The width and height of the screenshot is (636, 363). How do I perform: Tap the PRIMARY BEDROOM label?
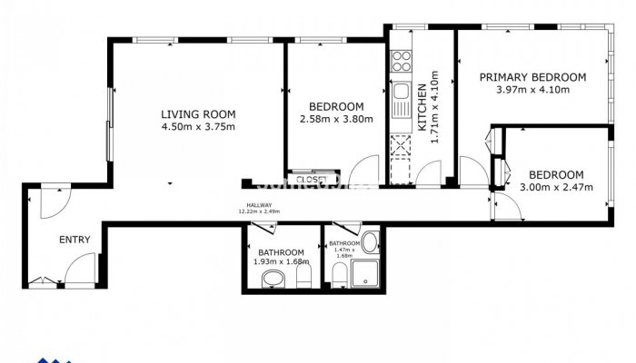coord(532,77)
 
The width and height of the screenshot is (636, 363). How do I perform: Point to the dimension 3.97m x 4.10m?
coord(532,90)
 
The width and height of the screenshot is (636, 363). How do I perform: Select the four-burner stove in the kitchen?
coord(401,62)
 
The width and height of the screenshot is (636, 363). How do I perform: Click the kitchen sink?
coord(401,93)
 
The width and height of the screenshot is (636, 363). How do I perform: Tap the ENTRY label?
coord(74,240)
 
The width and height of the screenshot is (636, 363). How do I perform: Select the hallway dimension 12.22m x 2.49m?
coord(259,211)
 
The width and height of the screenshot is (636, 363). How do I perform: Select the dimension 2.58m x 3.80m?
coord(336,119)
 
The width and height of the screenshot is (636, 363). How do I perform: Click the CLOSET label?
coord(312,179)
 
